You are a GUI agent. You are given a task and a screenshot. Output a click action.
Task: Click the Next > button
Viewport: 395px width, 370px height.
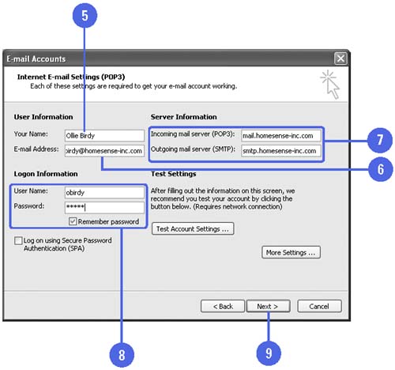268,306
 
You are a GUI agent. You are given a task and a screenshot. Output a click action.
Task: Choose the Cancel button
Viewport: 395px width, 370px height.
319,306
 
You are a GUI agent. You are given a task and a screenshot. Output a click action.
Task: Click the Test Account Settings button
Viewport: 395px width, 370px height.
193,228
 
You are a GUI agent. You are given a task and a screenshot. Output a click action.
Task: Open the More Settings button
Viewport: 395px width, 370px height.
291,252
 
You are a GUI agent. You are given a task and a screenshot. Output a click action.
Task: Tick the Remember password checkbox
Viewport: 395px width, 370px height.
73,221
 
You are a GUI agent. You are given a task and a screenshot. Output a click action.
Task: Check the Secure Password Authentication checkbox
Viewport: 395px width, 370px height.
18,240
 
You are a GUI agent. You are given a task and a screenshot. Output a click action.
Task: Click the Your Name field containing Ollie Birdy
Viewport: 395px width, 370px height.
104,136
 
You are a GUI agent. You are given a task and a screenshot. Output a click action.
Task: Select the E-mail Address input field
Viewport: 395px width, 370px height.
104,151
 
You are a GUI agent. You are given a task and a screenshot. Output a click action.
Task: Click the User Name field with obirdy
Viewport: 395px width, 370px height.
104,193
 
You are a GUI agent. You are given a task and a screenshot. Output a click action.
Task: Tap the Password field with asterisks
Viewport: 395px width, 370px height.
104,207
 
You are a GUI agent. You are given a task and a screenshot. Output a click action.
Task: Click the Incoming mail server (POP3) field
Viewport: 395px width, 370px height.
281,136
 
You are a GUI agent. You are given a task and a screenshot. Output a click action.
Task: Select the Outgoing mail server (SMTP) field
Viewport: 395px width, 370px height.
281,151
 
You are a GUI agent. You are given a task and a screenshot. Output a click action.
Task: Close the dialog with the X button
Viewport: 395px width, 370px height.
340,59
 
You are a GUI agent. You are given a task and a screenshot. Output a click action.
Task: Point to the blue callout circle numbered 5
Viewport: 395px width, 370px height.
85,15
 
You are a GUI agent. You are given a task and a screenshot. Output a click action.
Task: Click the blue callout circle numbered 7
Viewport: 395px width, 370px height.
380,140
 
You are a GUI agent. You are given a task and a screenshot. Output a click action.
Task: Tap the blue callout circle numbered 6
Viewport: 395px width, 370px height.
381,169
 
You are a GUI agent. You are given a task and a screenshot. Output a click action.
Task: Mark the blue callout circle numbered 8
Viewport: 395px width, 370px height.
122,355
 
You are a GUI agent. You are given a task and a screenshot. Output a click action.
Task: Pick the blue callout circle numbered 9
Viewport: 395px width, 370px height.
269,353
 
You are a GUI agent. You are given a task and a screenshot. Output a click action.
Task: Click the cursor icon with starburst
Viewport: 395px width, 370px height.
330,85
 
